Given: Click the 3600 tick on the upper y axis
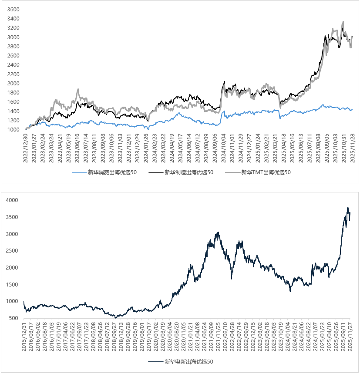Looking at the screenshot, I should (x=13, y=9).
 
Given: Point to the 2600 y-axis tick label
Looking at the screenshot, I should (x=13, y=56).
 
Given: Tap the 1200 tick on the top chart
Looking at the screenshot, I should (x=13, y=111).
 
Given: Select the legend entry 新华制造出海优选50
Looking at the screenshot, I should (x=188, y=172).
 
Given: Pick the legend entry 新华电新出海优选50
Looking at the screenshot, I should (x=188, y=361).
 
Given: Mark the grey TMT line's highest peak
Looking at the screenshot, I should (x=343, y=21).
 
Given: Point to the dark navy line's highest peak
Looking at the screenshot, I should (x=348, y=207).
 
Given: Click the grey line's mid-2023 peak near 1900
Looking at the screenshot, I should (x=78, y=89).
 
